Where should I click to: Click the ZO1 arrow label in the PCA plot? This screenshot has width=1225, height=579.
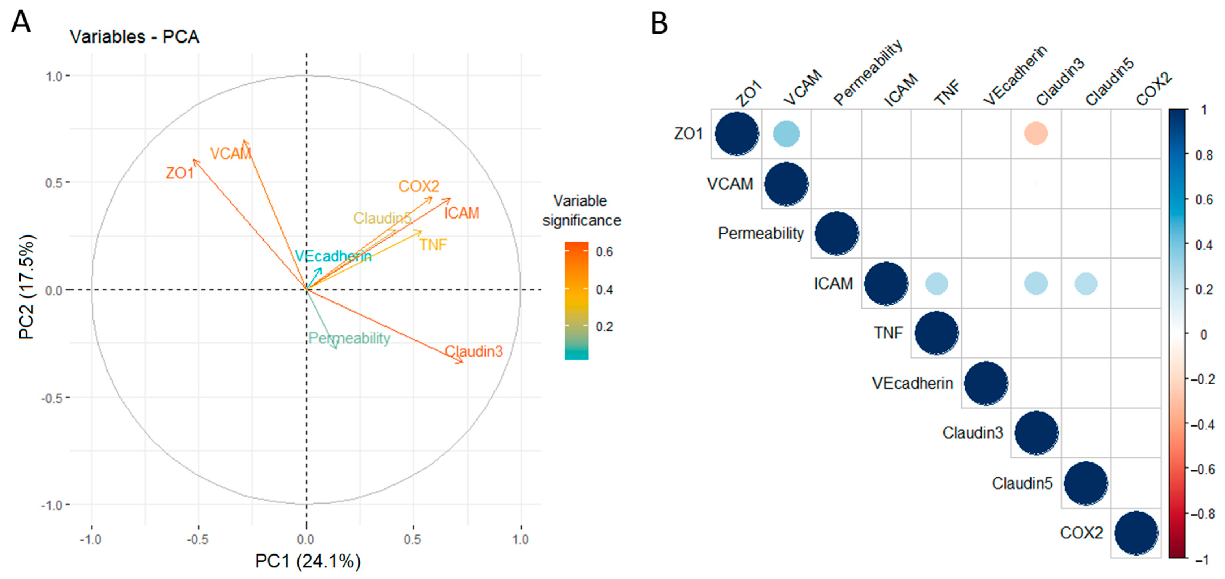coord(180,173)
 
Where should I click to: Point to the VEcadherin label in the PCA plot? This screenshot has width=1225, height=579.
coord(333,256)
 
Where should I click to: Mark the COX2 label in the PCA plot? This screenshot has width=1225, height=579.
coord(419,186)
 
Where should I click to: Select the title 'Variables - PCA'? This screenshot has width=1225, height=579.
coord(134,37)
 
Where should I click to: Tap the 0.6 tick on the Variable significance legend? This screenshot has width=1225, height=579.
coord(604,252)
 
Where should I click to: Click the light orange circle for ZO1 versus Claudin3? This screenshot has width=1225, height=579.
coord(1036,134)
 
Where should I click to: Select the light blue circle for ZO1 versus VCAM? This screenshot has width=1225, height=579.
coord(786,134)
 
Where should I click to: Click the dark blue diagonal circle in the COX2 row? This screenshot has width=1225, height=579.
coord(1135,533)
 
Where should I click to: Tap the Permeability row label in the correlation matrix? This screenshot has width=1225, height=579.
coord(760,233)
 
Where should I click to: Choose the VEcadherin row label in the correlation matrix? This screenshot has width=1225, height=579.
coord(912,383)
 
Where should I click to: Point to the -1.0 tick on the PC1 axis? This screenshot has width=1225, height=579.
coord(91,539)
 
